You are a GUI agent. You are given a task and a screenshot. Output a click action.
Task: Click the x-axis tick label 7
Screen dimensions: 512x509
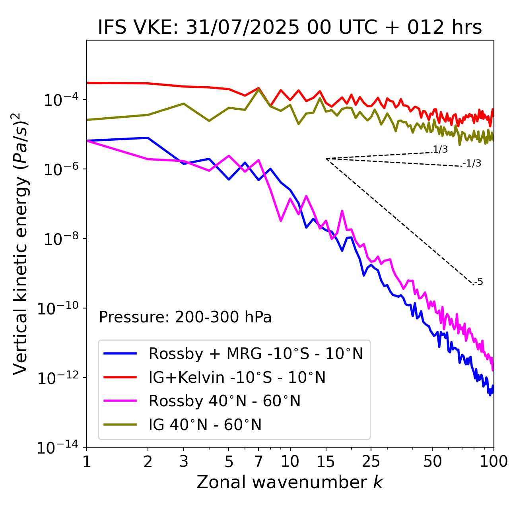click(x=258, y=462)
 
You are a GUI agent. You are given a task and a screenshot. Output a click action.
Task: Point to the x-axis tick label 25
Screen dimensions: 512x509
click(x=371, y=462)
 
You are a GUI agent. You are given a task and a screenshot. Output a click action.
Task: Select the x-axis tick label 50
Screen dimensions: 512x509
click(x=433, y=462)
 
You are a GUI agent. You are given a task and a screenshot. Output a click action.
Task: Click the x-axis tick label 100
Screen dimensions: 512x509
click(x=493, y=462)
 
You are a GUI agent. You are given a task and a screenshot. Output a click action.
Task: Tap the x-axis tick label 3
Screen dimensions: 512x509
click(x=184, y=462)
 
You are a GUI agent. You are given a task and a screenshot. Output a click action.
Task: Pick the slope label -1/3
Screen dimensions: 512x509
click(x=472, y=163)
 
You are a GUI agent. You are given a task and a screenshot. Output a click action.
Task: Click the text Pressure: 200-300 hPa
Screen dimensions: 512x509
click(x=185, y=317)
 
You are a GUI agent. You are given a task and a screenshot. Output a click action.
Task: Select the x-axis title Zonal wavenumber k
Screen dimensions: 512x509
click(x=289, y=482)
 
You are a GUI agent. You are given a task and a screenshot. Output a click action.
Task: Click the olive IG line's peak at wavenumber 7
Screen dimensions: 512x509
click(x=258, y=89)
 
